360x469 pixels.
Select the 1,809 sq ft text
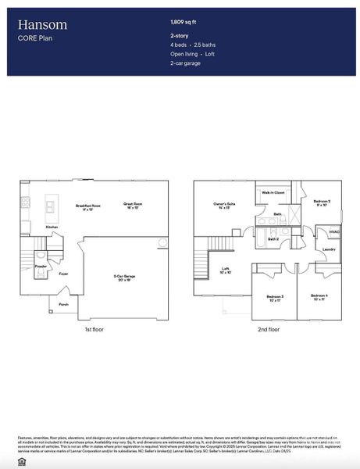pyautogui.click(x=184, y=23)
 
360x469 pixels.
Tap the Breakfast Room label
pyautogui.click(x=89, y=206)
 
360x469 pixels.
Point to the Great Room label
pyautogui.click(x=133, y=206)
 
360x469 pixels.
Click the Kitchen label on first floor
pyautogui.click(x=52, y=227)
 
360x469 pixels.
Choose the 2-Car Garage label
pyautogui.click(x=125, y=277)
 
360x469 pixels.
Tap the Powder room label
pyautogui.click(x=41, y=267)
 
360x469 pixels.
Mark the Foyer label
pyautogui.click(x=63, y=274)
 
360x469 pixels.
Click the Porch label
pyautogui.click(x=63, y=304)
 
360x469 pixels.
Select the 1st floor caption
pyautogui.click(x=94, y=330)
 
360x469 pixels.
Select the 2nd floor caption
pyautogui.click(x=268, y=330)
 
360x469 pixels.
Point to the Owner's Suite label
pyautogui.click(x=225, y=206)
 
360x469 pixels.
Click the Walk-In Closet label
pyautogui.click(x=273, y=192)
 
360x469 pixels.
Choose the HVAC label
pyautogui.click(x=333, y=231)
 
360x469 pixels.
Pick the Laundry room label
pyautogui.click(x=329, y=249)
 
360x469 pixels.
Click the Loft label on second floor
pyautogui.click(x=225, y=270)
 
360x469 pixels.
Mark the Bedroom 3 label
pyautogui.click(x=275, y=297)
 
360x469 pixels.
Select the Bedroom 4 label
pyautogui.click(x=319, y=297)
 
